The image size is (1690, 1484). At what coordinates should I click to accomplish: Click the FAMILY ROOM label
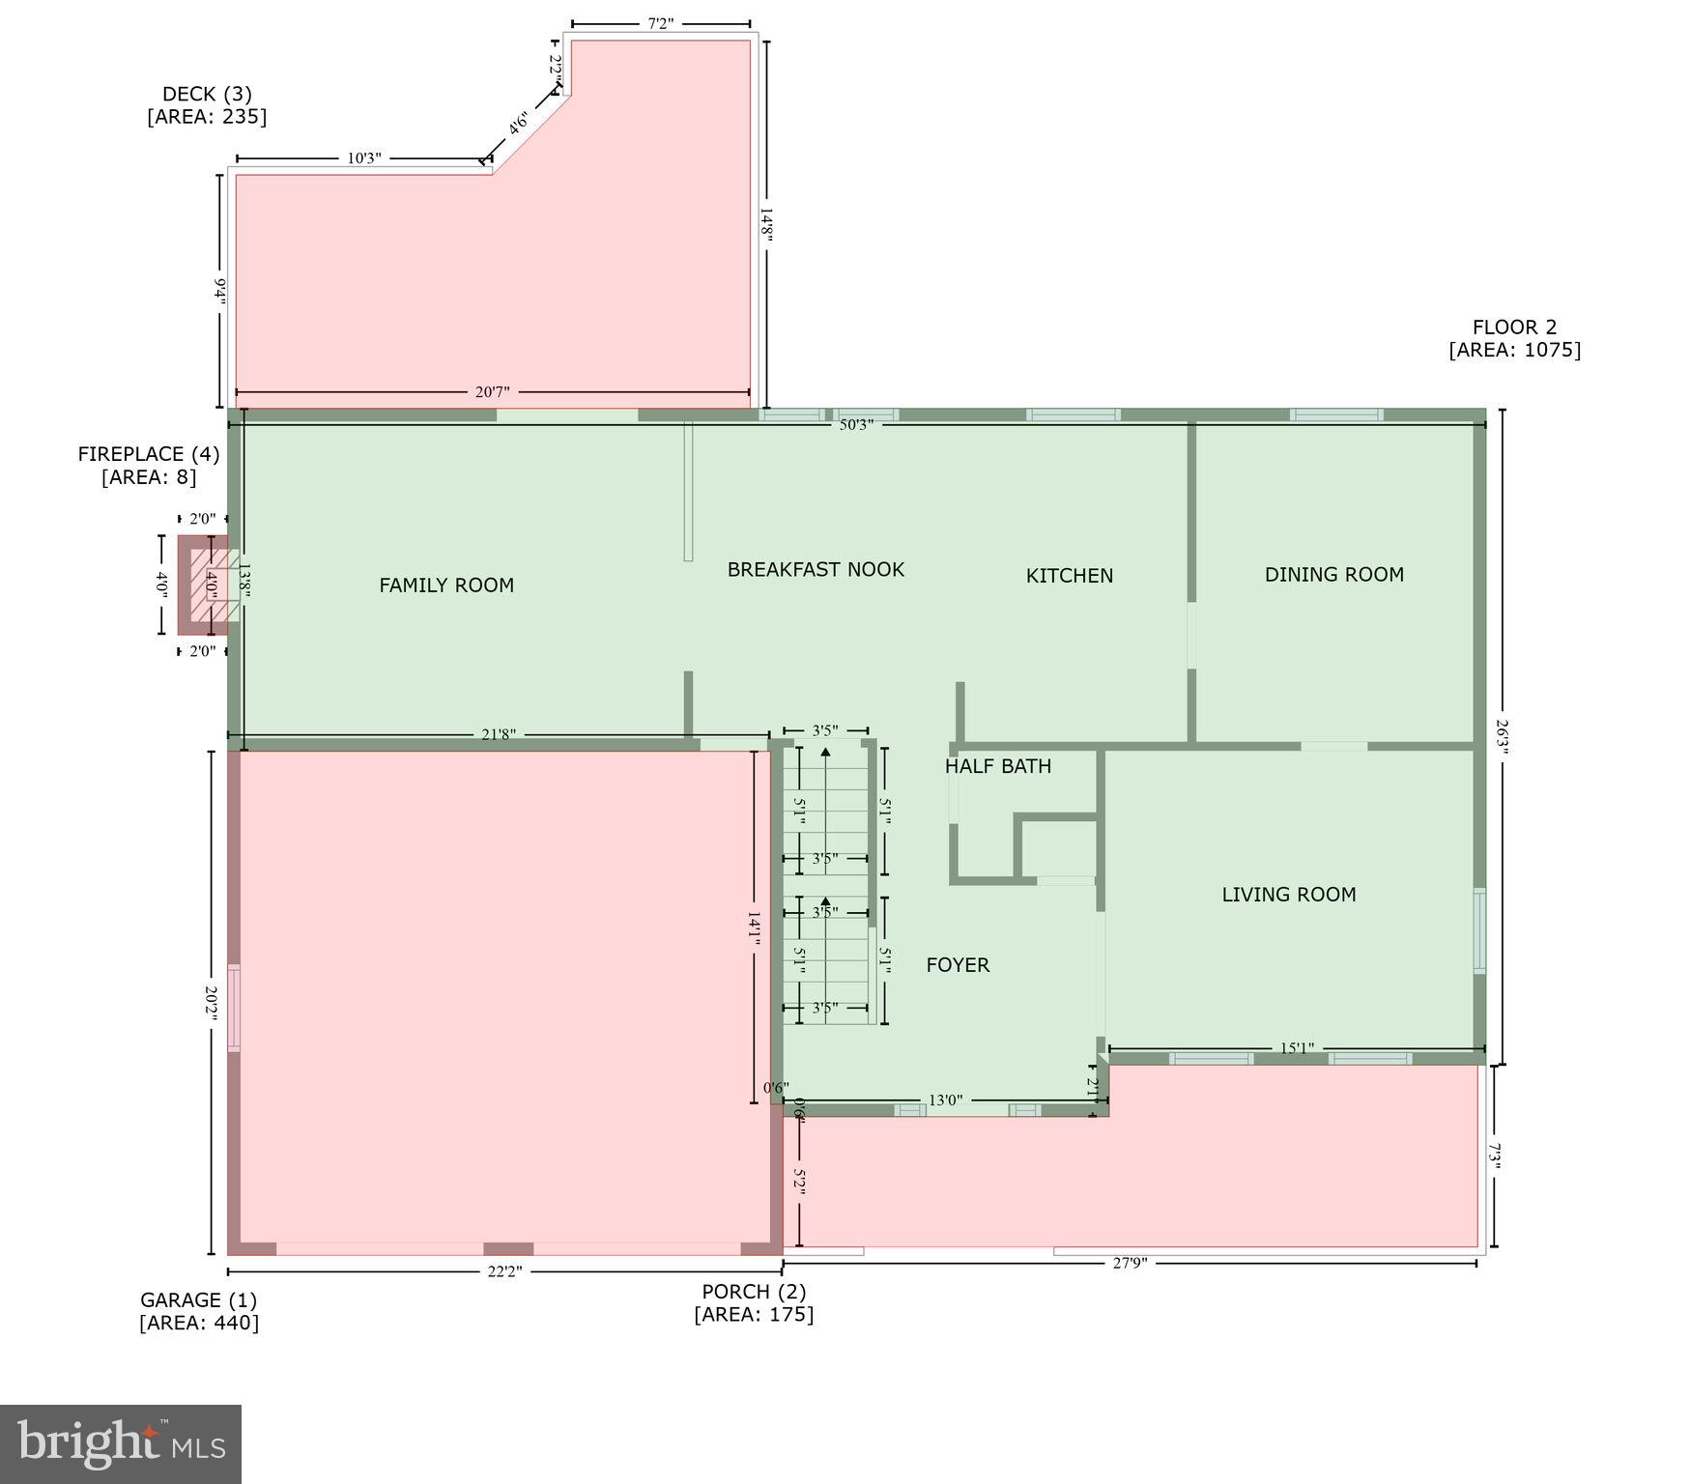[445, 585]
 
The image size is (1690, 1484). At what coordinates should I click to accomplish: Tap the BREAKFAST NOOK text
[816, 569]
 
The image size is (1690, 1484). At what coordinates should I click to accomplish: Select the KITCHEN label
[1069, 576]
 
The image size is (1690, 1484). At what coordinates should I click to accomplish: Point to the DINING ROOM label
[1333, 575]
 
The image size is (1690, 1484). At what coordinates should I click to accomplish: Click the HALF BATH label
[997, 766]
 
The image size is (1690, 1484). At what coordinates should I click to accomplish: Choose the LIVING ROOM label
[1288, 895]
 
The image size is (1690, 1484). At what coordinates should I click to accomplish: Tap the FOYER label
[957, 964]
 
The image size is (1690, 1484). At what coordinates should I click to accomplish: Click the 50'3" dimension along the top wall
[856, 425]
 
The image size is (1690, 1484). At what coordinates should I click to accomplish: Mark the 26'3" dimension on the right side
[1501, 739]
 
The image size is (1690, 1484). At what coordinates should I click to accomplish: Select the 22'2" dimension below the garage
[503, 1271]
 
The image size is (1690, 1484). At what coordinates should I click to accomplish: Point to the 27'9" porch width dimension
[1129, 1263]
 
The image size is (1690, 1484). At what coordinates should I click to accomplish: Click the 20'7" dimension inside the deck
[492, 391]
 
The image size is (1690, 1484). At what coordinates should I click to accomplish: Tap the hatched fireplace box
[212, 585]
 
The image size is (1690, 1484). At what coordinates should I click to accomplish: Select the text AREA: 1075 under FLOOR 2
[1514, 350]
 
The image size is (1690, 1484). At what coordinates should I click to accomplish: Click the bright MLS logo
[121, 1443]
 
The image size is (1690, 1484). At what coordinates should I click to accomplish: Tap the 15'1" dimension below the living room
[1296, 1048]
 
